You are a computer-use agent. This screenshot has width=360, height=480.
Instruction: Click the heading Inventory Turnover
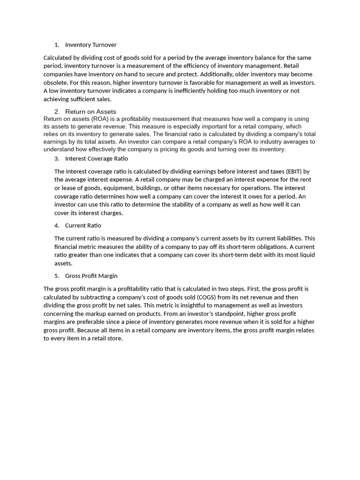pos(90,45)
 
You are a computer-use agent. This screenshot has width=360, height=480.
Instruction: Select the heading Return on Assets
pos(90,112)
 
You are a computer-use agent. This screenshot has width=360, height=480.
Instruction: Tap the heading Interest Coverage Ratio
pos(96,159)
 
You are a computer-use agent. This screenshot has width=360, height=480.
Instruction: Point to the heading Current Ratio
pos(83,226)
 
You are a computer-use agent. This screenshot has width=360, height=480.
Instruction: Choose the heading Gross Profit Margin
pos(91,276)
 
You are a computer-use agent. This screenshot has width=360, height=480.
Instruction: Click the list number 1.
pos(57,45)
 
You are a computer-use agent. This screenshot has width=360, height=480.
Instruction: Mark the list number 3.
pos(57,159)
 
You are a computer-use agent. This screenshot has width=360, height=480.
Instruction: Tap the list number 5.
pos(57,276)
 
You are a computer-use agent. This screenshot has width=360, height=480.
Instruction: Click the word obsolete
pos(56,83)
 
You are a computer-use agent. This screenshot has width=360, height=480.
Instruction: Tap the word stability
pos(174,205)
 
